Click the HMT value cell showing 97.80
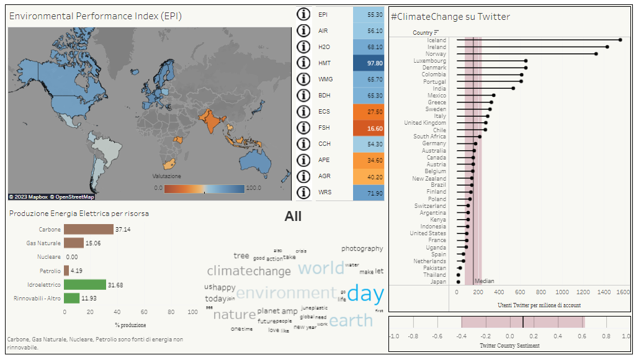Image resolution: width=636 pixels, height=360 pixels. [x=369, y=63]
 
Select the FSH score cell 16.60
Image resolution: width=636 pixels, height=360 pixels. [x=369, y=128]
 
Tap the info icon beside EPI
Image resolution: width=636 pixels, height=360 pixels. [x=303, y=14]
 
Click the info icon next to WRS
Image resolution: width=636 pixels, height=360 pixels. [x=303, y=192]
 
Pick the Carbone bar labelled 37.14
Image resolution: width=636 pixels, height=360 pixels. [x=89, y=230]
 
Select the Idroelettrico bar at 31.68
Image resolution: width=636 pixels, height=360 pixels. [x=85, y=285]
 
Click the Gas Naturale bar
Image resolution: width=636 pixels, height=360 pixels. [x=74, y=243]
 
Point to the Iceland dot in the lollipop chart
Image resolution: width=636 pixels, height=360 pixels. [x=620, y=40]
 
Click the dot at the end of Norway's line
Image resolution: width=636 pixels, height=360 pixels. [x=596, y=54]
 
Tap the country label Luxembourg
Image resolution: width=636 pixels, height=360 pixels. [x=429, y=61]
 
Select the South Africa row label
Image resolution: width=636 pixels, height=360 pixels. [x=429, y=137]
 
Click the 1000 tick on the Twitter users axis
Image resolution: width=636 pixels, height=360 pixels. [x=562, y=292]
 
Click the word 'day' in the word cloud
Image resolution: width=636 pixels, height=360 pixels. [x=365, y=294]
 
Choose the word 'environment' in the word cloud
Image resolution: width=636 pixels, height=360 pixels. [x=285, y=293]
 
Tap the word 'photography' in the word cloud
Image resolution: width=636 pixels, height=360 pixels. [x=362, y=248]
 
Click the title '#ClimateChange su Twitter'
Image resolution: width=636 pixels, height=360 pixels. [x=450, y=17]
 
